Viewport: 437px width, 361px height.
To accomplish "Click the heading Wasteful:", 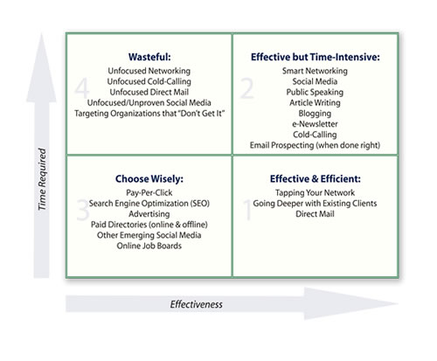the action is click(149, 57).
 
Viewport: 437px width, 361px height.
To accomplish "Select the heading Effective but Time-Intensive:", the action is click(316, 57).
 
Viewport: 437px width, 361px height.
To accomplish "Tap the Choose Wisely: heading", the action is click(149, 179).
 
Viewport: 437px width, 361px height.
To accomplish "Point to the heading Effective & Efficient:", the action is click(316, 178).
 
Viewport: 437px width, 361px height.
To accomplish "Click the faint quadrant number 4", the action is click(82, 88).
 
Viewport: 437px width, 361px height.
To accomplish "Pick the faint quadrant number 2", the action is click(247, 88).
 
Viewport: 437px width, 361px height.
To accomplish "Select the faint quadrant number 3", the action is click(82, 210).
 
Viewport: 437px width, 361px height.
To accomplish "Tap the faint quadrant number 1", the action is click(247, 210).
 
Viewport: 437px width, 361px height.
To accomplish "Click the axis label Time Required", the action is click(42, 179).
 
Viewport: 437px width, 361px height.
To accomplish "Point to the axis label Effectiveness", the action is click(197, 304).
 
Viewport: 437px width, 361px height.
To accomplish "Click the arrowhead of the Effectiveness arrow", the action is click(397, 303).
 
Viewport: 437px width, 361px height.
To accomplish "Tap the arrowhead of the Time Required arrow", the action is click(41, 34).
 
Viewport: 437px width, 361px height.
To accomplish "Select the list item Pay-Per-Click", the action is click(149, 192).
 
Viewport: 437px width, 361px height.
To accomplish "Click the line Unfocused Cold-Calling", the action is click(149, 81).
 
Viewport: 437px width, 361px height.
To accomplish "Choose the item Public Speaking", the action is click(315, 92).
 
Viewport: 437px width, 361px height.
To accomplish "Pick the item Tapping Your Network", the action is click(315, 192).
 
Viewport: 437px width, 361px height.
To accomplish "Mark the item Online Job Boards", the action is click(149, 246).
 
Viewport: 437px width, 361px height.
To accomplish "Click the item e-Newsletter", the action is click(315, 124).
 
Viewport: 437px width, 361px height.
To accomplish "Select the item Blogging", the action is click(315, 114).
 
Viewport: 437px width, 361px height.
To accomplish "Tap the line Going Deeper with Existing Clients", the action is click(315, 204).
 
